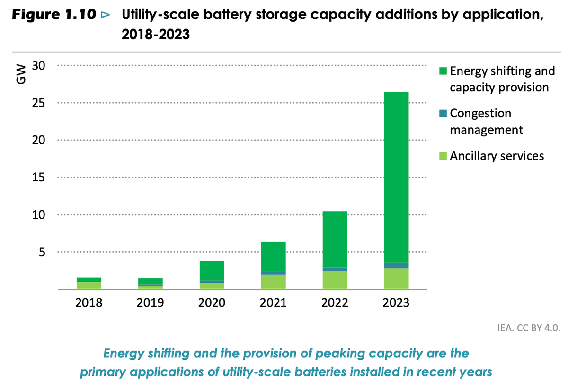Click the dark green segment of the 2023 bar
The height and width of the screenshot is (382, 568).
pyautogui.click(x=396, y=177)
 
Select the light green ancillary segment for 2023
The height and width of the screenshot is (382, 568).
pyautogui.click(x=396, y=279)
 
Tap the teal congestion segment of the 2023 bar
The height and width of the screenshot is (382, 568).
pyautogui.click(x=396, y=266)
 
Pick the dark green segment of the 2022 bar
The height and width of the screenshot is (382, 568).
pyautogui.click(x=335, y=239)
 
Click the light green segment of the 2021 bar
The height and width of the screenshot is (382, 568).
pyautogui.click(x=273, y=282)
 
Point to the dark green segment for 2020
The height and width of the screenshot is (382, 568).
pyautogui.click(x=212, y=270)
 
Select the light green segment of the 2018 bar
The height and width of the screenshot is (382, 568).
pyautogui.click(x=89, y=285)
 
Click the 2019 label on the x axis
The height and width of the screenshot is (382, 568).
pyautogui.click(x=150, y=303)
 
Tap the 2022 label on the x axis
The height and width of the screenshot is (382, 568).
pyautogui.click(x=335, y=303)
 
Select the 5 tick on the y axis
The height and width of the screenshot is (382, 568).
pyautogui.click(x=42, y=252)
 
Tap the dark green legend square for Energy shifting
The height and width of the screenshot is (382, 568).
pyautogui.click(x=443, y=72)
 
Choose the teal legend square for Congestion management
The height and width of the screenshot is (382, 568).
pyautogui.click(x=443, y=114)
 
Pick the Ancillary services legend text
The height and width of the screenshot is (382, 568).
pyautogui.click(x=497, y=156)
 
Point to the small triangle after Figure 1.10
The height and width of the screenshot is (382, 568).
pyautogui.click(x=105, y=16)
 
